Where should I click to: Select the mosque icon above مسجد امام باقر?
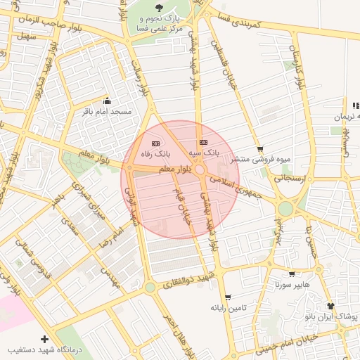107,100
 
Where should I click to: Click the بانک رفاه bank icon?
155,143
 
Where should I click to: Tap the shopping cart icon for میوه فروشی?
261,148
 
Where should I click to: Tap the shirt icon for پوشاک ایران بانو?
331,306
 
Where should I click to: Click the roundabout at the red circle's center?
200,170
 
